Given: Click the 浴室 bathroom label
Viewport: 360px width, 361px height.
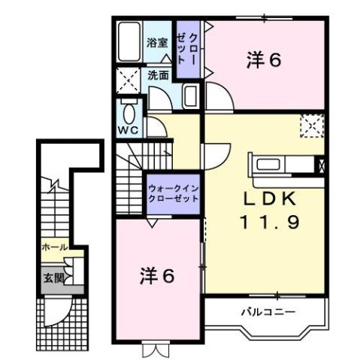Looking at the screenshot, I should pyautogui.click(x=156, y=44).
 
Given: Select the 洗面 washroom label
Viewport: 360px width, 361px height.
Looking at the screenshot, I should pyautogui.click(x=157, y=75).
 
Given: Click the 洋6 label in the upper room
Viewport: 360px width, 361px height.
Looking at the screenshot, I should pyautogui.click(x=264, y=60).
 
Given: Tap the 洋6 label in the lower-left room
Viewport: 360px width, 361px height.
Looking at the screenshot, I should pyautogui.click(x=158, y=276).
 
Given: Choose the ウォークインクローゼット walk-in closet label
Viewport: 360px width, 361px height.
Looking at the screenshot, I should pyautogui.click(x=173, y=195).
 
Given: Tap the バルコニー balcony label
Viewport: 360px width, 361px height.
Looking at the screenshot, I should pyautogui.click(x=268, y=311).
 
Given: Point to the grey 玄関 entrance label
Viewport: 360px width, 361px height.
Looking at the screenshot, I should pyautogui.click(x=51, y=276).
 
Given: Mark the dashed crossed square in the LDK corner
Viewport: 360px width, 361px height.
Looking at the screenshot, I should pyautogui.click(x=311, y=124).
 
